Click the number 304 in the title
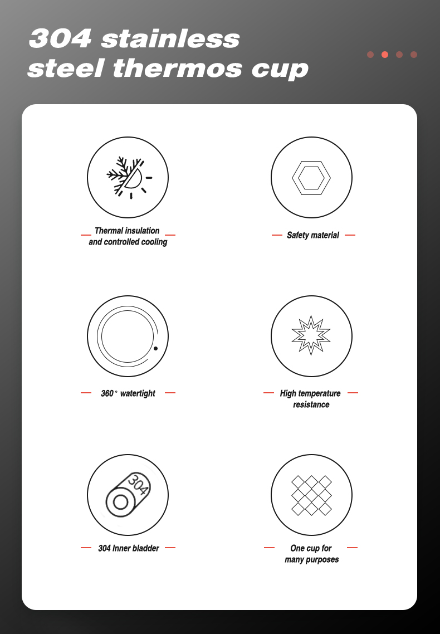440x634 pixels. click(x=60, y=38)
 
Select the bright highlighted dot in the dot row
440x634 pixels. click(x=385, y=55)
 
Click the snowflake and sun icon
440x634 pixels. click(x=129, y=178)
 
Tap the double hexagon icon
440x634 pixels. click(x=311, y=178)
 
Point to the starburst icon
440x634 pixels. click(x=311, y=335)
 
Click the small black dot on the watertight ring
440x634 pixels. click(x=155, y=348)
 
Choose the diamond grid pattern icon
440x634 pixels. click(x=311, y=495)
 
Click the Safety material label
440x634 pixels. click(x=312, y=235)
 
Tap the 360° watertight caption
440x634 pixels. click(x=128, y=393)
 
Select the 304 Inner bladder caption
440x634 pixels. click(x=129, y=548)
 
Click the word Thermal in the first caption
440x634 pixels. click(x=109, y=231)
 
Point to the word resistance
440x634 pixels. click(x=311, y=404)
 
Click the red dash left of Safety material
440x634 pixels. click(x=277, y=235)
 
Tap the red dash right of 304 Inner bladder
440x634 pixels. click(x=170, y=548)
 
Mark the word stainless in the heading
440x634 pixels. click(x=170, y=39)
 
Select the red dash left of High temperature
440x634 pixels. click(x=268, y=393)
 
